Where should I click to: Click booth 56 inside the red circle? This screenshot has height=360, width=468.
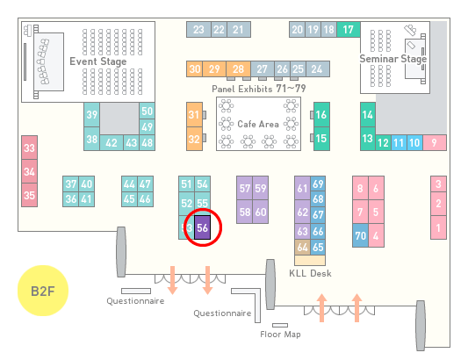pos(202,227)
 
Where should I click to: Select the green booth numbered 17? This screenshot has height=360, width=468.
pos(349,30)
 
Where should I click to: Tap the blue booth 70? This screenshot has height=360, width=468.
pos(360,235)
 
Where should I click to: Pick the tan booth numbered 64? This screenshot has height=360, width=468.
pos(302,247)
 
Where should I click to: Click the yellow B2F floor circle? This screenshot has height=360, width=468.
pos(43,291)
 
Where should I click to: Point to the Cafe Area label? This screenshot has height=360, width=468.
pos(258,124)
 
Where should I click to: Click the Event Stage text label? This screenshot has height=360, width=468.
pos(98,61)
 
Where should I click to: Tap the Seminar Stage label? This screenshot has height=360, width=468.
pos(393,59)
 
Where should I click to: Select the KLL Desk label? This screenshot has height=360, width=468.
pos(311,273)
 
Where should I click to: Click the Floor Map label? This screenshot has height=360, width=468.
pos(280,334)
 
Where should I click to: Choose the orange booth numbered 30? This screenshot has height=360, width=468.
pos(194,69)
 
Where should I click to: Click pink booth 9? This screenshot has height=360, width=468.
pos(435,143)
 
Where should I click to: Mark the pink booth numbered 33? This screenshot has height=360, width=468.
pos(29,148)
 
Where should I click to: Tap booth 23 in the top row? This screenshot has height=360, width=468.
pos(198,30)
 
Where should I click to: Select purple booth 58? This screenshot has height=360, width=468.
pos(244,212)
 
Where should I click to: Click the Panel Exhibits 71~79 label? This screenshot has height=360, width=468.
pos(259,89)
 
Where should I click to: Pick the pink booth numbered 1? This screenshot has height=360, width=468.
pos(438,227)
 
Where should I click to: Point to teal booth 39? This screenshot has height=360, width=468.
pos(91,115)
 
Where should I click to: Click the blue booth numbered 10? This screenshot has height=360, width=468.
pos(414,143)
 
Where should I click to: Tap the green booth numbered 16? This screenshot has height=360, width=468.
pos(321,114)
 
